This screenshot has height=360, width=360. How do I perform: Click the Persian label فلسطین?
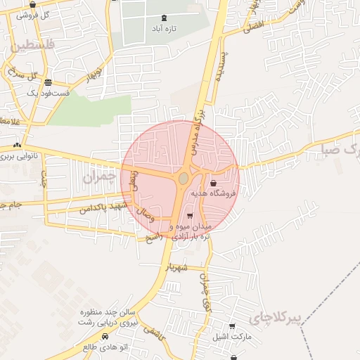pos(31,48)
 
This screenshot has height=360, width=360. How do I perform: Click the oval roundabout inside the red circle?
pos(184,179)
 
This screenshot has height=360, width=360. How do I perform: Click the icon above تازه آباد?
pos(165,18)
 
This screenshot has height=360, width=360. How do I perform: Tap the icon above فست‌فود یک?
pos(47,82)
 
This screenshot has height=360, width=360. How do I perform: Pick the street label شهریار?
pos(179,267)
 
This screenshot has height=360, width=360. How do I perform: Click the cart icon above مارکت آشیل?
pos(232,326)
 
